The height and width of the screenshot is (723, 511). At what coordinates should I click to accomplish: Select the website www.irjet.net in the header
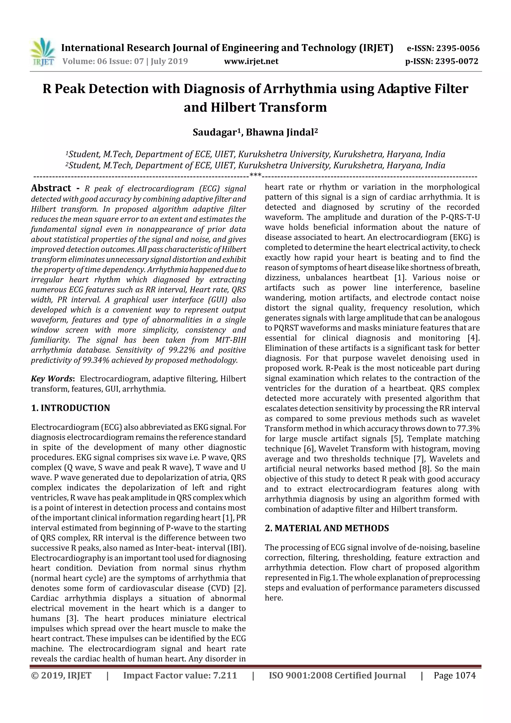pos(251,61)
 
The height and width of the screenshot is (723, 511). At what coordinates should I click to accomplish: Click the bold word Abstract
pos(51,188)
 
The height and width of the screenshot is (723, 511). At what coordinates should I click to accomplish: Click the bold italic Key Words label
pos(51,379)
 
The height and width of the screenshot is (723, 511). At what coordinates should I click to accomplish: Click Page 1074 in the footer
pos(454,675)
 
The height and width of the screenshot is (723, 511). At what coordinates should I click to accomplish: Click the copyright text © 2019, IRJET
pos(61,675)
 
